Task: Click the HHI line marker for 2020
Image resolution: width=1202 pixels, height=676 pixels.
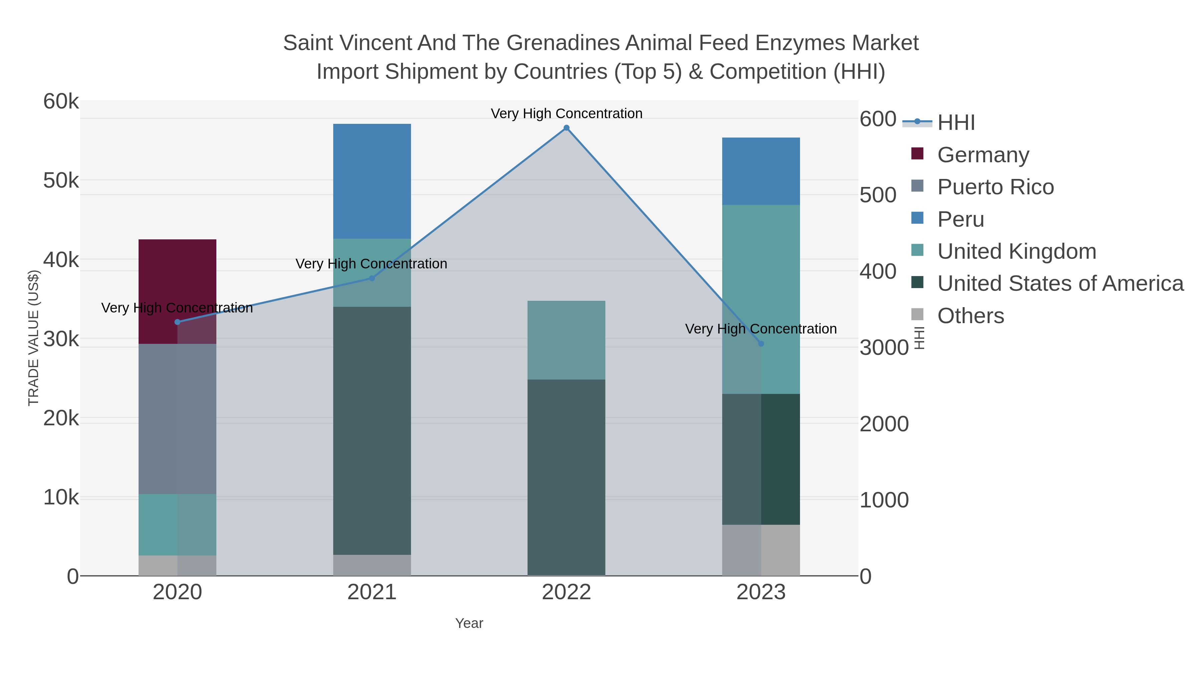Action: (177, 322)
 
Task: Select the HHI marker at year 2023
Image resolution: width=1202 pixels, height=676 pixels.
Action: (761, 344)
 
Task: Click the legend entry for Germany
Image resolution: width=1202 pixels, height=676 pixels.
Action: (983, 155)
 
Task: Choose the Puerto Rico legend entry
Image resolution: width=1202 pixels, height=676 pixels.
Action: (995, 187)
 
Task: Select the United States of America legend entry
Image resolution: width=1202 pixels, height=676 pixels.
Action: (1060, 284)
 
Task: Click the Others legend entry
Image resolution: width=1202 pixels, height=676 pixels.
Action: (971, 316)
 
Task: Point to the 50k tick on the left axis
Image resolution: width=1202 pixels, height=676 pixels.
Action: (61, 181)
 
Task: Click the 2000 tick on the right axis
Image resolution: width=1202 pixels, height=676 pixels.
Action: (884, 424)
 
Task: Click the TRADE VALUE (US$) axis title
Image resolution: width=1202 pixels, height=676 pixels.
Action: (34, 338)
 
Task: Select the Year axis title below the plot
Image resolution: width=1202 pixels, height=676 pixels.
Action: (469, 623)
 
